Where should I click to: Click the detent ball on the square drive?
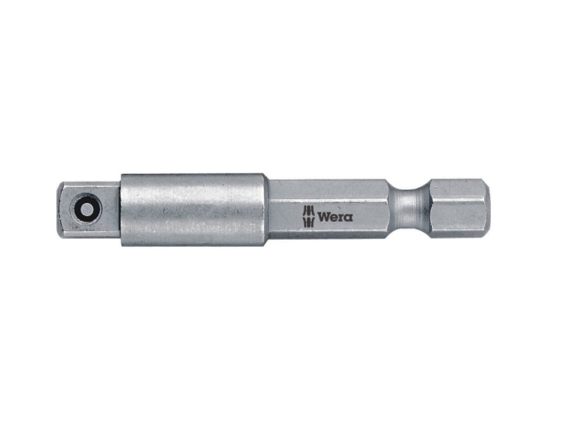point(87,209)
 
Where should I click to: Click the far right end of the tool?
point(488,208)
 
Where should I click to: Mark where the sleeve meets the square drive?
point(120,209)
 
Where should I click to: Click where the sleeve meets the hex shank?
point(268,208)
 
